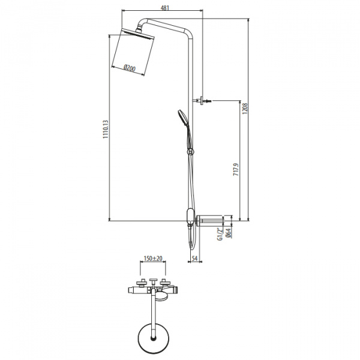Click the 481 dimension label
tap(164, 8)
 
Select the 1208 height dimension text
tap(245, 109)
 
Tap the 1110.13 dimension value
tap(106, 129)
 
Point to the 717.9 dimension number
tap(236, 170)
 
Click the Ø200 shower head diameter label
tap(130, 68)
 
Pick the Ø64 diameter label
tap(228, 233)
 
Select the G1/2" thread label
tap(220, 234)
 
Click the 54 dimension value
tap(194, 258)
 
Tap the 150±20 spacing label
tap(153, 259)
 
